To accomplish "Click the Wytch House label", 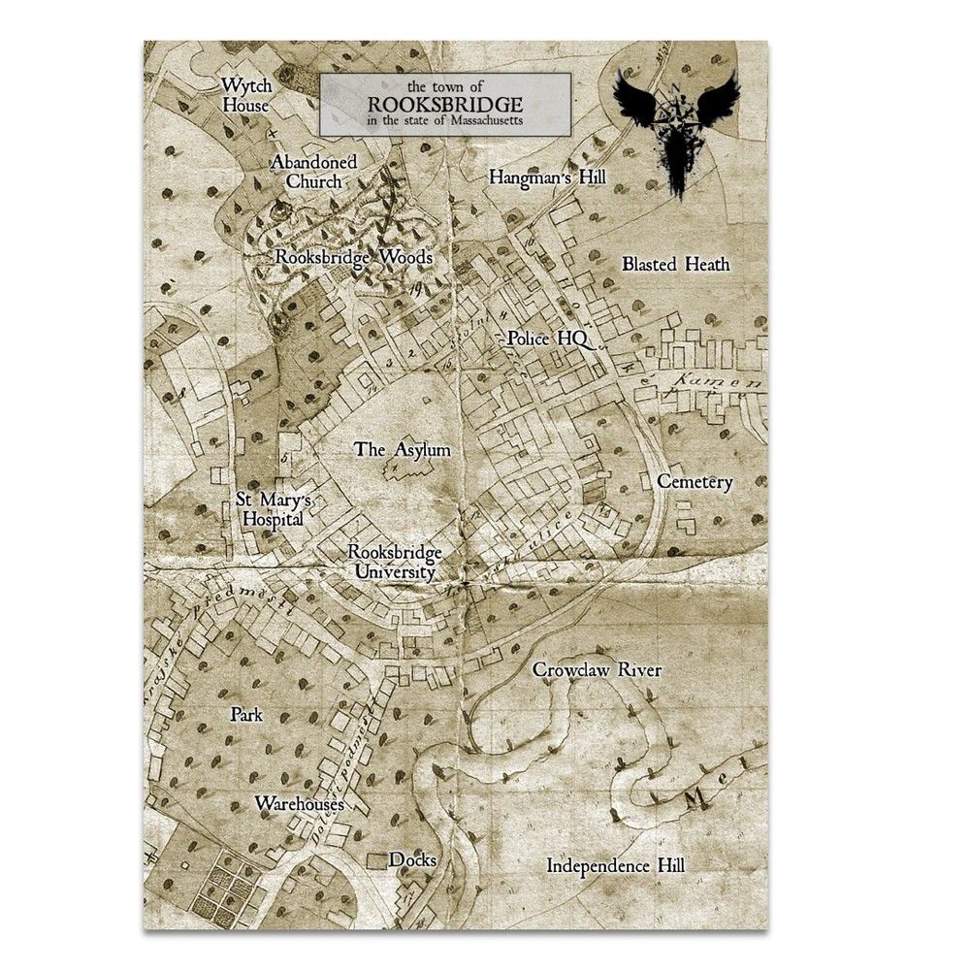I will (244, 94).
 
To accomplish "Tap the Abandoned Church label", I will (313, 171).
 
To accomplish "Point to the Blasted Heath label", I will (675, 264).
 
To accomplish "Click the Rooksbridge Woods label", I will (353, 258).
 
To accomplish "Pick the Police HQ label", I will (541, 339).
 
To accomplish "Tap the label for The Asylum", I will (402, 449).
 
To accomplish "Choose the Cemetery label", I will (694, 481).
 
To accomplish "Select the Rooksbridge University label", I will (398, 563).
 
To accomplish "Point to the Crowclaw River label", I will (597, 669).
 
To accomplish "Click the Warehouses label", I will (300, 804).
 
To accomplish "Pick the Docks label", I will (411, 860).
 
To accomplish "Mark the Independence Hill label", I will (615, 864).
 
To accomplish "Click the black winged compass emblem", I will (676, 123).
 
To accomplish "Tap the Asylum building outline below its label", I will (407, 473).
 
